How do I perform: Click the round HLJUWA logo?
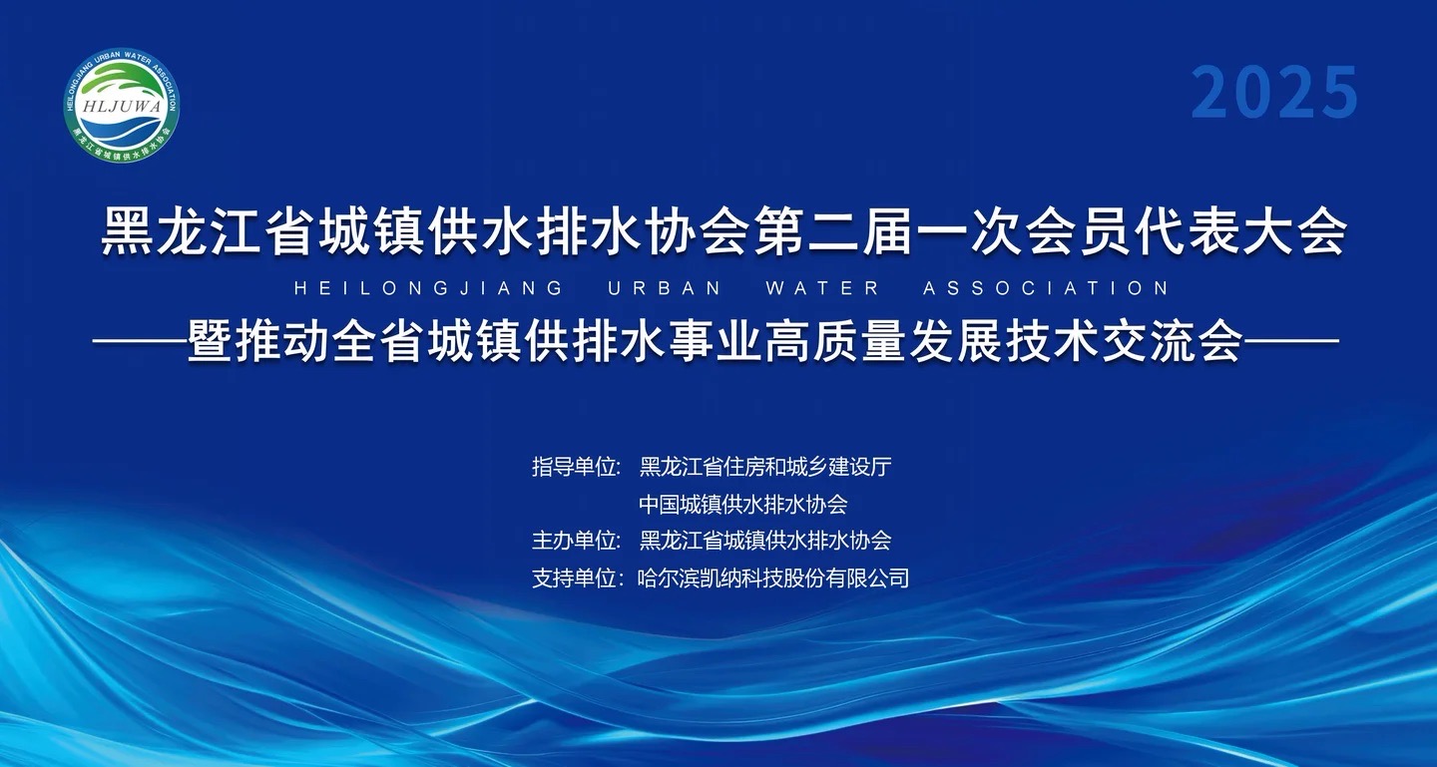tap(122, 105)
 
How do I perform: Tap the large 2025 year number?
tap(1274, 93)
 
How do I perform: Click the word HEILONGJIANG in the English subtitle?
tap(428, 288)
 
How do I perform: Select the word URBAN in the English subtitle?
tap(665, 288)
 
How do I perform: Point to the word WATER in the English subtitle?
tap(822, 288)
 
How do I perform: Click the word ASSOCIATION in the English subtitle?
tap(1046, 288)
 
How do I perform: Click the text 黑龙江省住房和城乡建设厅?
tap(765, 467)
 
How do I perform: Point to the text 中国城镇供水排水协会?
tap(742, 504)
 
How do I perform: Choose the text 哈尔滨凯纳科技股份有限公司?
tap(773, 578)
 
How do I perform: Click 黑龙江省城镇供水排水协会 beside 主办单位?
tap(765, 541)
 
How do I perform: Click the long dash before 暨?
tap(140, 340)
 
